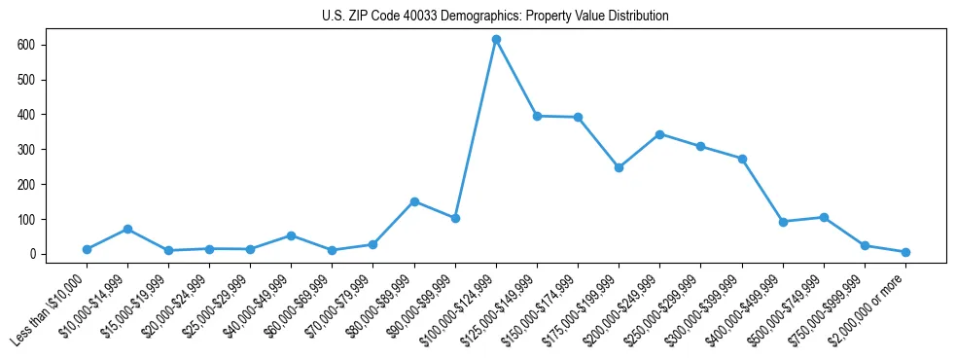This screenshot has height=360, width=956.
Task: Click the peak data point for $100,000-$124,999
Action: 496,40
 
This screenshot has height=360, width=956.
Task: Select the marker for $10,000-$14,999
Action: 127,229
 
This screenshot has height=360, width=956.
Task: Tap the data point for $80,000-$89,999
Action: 414,201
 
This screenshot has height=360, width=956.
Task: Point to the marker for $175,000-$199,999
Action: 619,167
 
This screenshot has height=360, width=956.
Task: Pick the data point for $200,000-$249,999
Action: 659,134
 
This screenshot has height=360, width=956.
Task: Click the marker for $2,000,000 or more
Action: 905,252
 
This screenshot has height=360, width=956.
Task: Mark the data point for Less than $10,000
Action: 87,249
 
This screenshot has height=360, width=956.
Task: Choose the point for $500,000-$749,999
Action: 824,217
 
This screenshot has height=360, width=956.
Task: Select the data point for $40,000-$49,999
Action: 291,235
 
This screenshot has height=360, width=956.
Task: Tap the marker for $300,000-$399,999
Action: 742,159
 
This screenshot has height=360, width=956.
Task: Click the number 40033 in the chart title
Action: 413,17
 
